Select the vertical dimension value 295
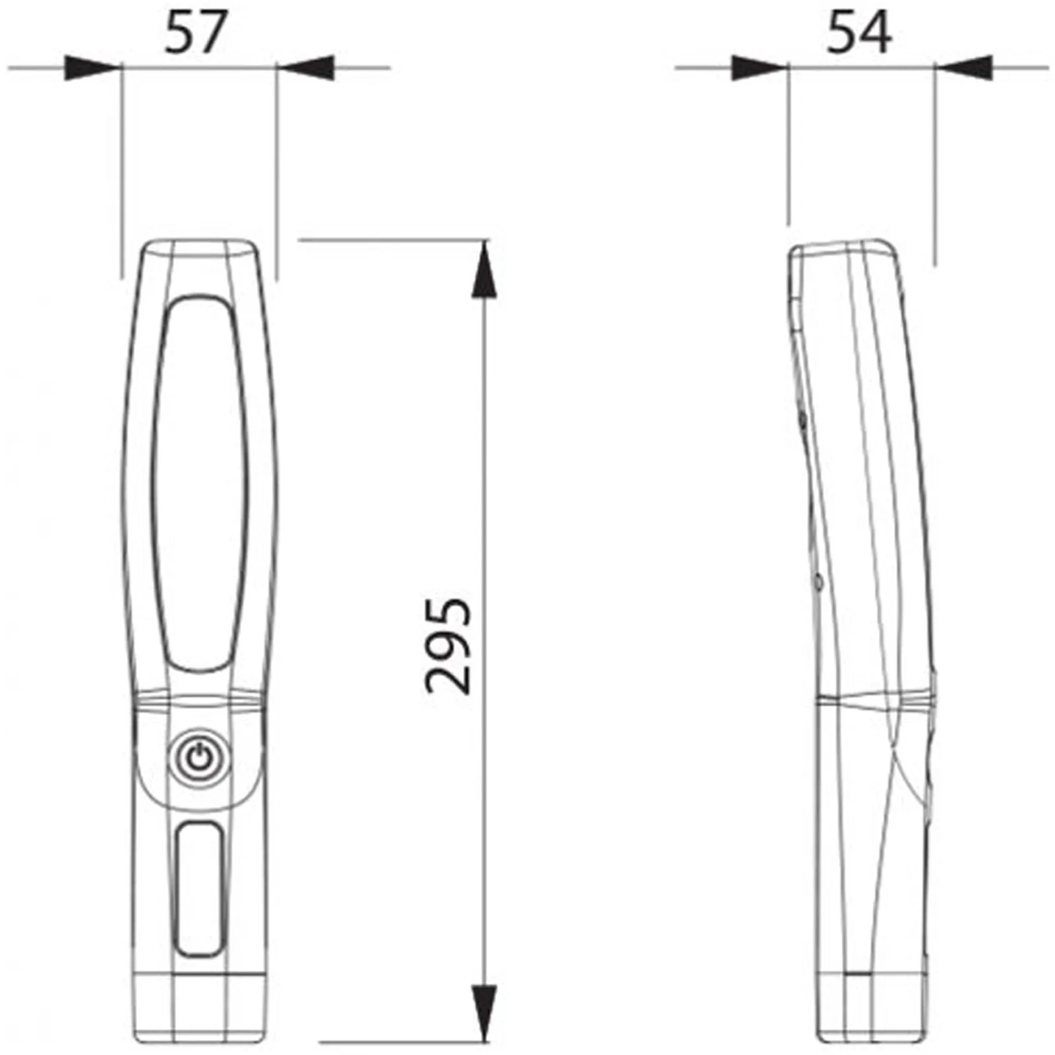(448, 646)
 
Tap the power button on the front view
(200, 759)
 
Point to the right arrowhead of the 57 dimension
(305, 67)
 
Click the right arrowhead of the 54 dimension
(962, 67)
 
